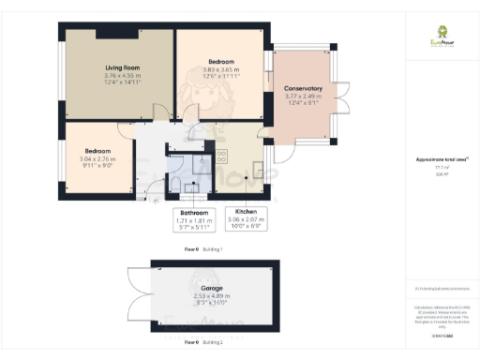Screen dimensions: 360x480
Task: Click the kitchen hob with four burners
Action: pyautogui.click(x=223, y=157)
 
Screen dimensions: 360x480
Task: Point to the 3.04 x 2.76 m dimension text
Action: pyautogui.click(x=98, y=160)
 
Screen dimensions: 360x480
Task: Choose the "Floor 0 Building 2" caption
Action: pyautogui.click(x=197, y=343)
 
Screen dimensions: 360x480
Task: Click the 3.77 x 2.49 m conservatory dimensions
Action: pyautogui.click(x=303, y=96)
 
